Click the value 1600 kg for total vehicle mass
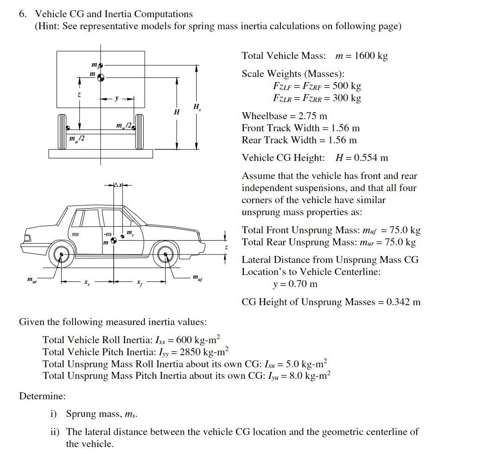(x=370, y=56)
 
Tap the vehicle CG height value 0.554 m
(x=371, y=158)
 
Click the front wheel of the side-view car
(x=166, y=255)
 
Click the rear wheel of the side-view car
(x=59, y=255)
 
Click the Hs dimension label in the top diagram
(x=197, y=108)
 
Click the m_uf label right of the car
(x=197, y=277)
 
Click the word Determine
(x=42, y=396)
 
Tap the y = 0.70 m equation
(x=295, y=284)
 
